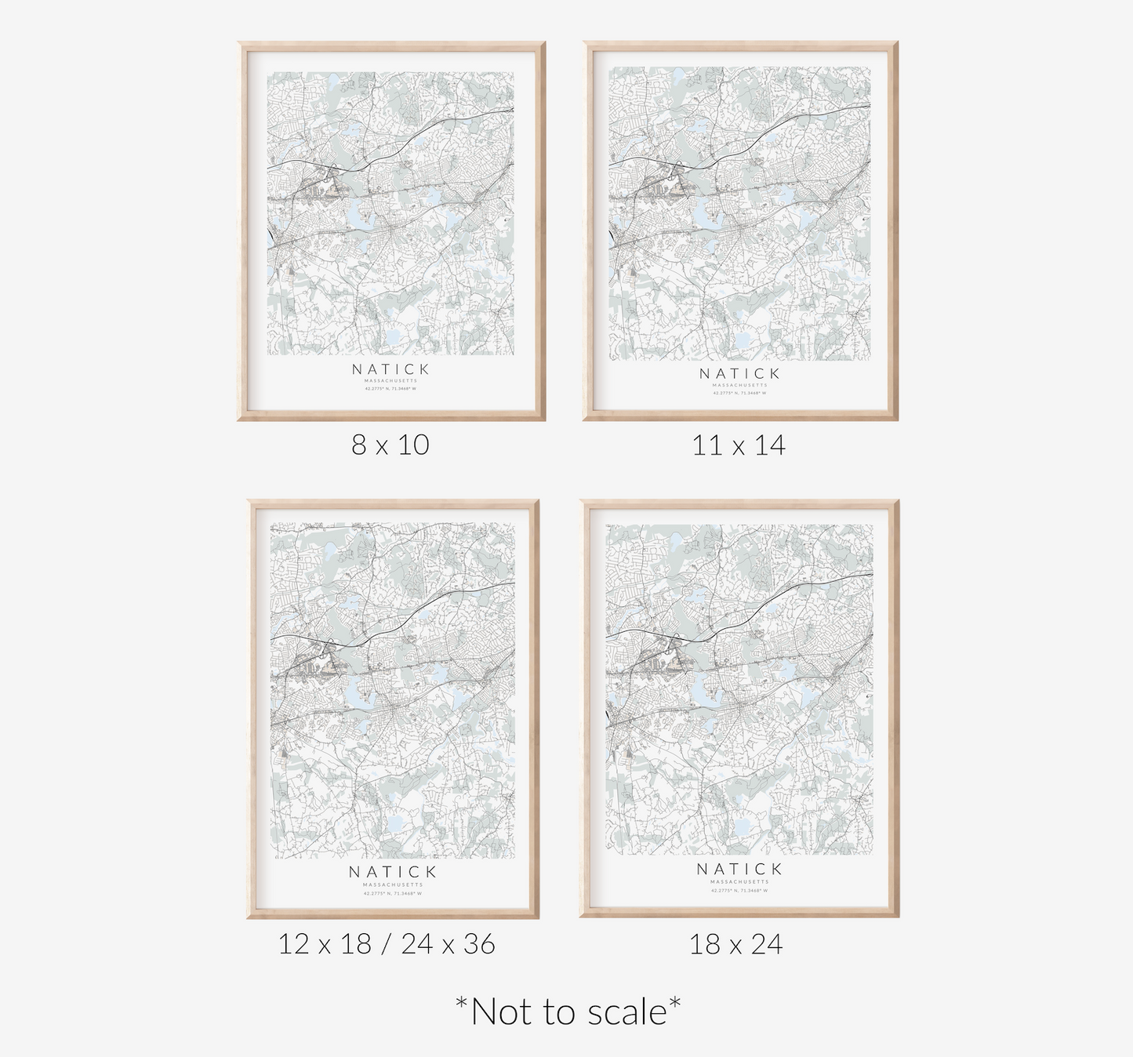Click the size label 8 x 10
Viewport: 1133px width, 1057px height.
[x=390, y=445]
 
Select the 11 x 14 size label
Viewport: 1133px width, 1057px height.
[x=739, y=445]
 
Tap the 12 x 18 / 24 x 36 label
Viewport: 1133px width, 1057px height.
[x=387, y=943]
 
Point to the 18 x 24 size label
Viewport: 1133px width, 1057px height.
[x=735, y=943]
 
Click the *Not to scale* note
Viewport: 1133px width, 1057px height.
[x=568, y=1012]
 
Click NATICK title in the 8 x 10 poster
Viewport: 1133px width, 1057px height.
[x=391, y=369]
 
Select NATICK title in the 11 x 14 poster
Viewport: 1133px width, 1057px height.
[x=739, y=373]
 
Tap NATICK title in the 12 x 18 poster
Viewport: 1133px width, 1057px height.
[x=392, y=871]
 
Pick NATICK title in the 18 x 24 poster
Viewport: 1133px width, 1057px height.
[x=739, y=869]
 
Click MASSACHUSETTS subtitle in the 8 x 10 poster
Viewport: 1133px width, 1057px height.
[x=391, y=381]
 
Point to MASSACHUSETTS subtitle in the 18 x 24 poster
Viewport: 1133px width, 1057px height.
[x=739, y=882]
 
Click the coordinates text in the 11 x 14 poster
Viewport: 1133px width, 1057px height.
[x=739, y=393]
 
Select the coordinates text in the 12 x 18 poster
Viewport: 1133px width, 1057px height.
[x=392, y=893]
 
